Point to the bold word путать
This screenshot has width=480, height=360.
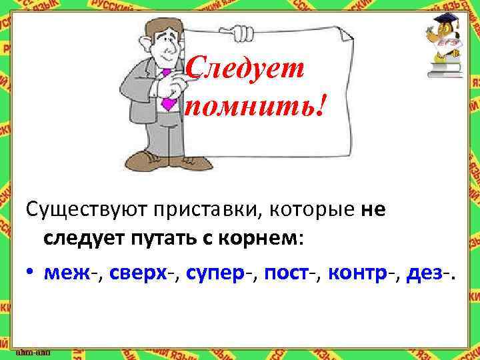pos(149,239)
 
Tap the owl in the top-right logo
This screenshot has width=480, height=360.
pos(442,30)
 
